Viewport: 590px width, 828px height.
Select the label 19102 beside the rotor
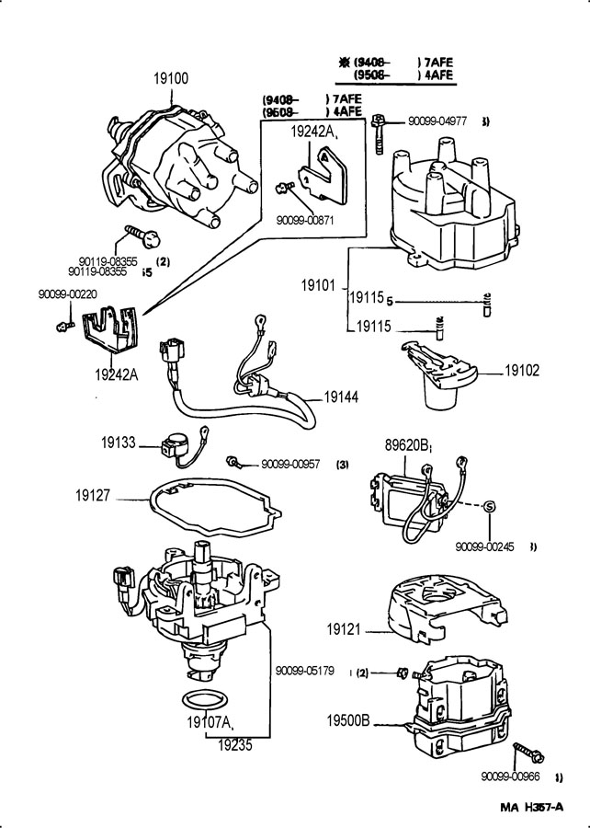(x=521, y=372)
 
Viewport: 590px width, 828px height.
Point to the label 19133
(x=119, y=443)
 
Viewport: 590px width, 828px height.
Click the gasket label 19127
(x=93, y=495)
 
